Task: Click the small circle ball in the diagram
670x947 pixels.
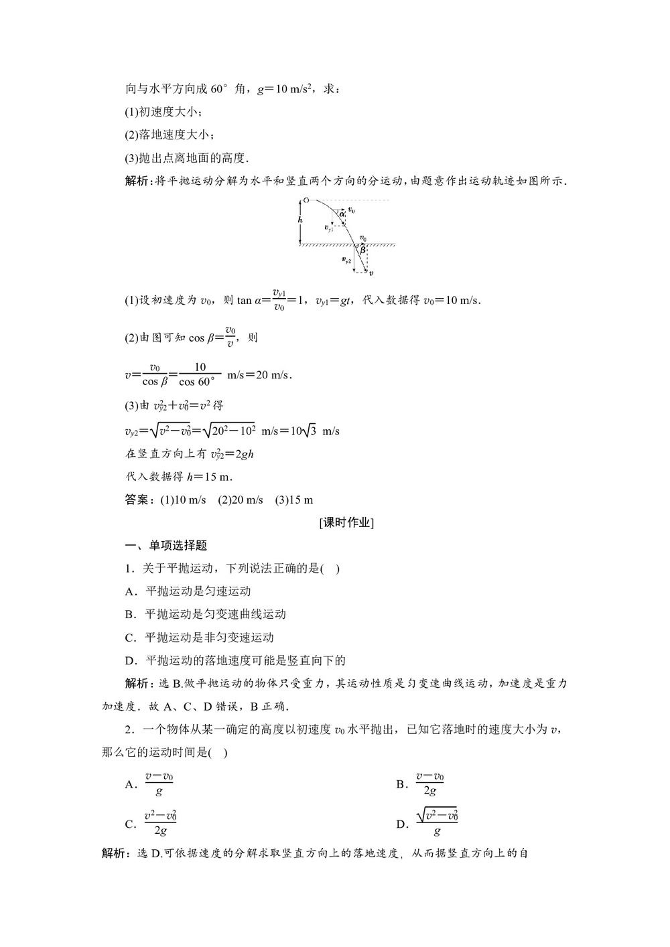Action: (x=306, y=200)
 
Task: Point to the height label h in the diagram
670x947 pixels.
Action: (x=300, y=220)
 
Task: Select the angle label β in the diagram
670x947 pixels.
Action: (x=362, y=249)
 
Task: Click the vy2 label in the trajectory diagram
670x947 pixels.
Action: (x=346, y=260)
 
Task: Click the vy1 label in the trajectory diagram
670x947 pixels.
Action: (x=328, y=228)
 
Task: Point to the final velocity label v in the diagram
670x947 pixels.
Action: (x=371, y=273)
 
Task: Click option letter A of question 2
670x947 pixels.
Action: (x=130, y=784)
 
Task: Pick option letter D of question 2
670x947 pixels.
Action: (x=401, y=824)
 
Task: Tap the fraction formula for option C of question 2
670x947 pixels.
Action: (x=160, y=824)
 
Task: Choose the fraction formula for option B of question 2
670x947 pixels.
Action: (x=429, y=784)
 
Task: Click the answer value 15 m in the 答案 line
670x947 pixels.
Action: (x=300, y=500)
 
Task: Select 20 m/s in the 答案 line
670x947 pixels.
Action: (x=247, y=500)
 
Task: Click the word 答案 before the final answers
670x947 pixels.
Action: (x=138, y=500)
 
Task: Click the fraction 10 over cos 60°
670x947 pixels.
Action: (x=199, y=374)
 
